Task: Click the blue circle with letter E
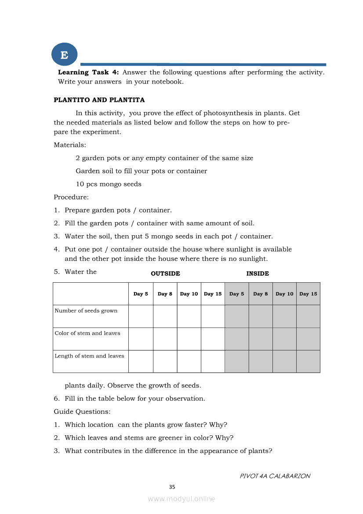coord(64,55)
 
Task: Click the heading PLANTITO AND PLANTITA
coord(99,100)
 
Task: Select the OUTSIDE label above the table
coord(165,273)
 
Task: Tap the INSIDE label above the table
coord(258,273)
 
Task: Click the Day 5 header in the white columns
coord(141,294)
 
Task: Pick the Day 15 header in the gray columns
coord(308,294)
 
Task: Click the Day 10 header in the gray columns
coord(284,294)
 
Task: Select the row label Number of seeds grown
coord(86,311)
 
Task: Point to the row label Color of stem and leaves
coord(87,333)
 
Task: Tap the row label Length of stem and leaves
coord(89,356)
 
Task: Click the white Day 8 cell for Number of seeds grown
coord(165,316)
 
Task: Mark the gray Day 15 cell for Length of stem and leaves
coord(308,361)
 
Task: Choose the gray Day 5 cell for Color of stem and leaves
coord(236,339)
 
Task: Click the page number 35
coord(172,487)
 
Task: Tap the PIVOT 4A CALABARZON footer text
coord(275,476)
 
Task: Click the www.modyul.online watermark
coord(181,499)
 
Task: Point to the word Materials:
coord(70,145)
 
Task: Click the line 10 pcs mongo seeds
coord(109,184)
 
